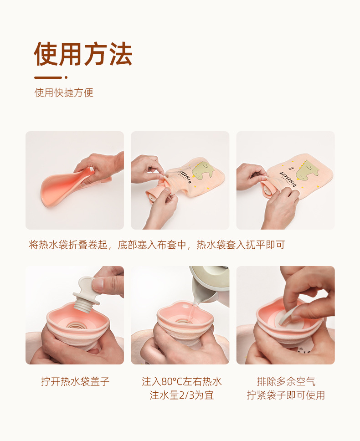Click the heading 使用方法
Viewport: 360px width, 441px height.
tap(83, 55)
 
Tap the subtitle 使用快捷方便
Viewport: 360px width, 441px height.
tap(64, 93)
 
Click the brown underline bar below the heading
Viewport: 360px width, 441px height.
tap(48, 77)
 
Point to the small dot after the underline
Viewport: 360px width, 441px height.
tap(66, 77)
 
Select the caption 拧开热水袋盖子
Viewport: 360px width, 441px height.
tap(75, 382)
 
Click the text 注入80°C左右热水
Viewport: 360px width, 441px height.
tap(181, 382)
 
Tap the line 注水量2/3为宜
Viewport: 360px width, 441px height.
tap(181, 395)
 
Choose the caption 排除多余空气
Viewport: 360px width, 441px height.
tap(286, 382)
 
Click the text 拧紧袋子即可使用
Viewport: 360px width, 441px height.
tap(286, 395)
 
